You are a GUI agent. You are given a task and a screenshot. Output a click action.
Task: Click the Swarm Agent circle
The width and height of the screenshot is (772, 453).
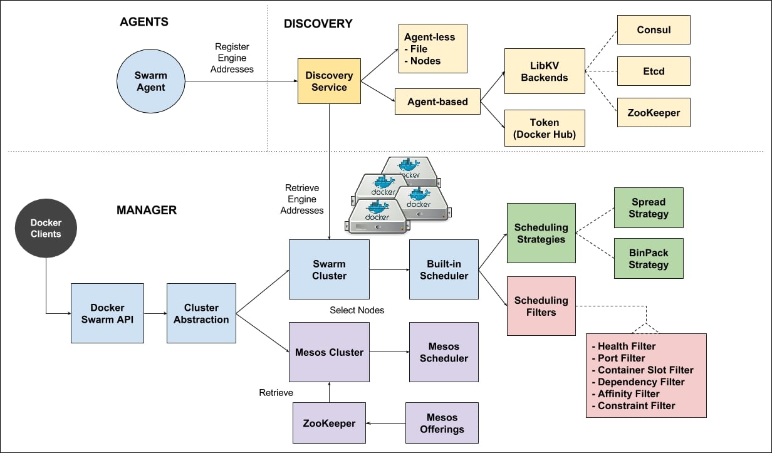click(151, 81)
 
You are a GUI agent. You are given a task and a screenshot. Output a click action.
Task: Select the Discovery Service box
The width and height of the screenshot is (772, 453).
click(329, 81)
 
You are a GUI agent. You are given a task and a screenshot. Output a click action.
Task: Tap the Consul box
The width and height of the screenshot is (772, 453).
click(653, 29)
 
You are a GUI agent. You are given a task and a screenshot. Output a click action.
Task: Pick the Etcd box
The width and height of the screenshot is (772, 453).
click(653, 71)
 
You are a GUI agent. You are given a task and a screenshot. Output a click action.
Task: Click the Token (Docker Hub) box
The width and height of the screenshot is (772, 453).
click(544, 128)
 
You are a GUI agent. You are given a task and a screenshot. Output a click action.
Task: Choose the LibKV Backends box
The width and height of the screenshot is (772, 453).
click(544, 71)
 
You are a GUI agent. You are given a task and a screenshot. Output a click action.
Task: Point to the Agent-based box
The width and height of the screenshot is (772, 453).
click(437, 102)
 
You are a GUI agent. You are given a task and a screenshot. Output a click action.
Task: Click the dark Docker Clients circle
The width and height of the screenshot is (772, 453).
click(46, 228)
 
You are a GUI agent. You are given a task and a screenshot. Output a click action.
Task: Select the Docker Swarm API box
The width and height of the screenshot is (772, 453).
click(107, 313)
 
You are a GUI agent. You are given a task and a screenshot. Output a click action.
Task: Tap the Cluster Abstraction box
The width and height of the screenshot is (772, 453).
click(201, 313)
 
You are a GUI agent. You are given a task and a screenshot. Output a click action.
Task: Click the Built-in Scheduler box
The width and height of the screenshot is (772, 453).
click(444, 269)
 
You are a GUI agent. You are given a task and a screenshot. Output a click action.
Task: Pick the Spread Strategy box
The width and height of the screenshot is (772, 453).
click(649, 208)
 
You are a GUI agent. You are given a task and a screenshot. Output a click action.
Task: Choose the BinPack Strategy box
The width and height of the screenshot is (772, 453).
click(649, 259)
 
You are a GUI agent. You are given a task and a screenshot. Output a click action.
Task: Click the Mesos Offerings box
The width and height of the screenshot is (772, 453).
click(442, 423)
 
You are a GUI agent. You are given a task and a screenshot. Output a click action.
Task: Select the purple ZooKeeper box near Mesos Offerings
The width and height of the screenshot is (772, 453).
click(330, 423)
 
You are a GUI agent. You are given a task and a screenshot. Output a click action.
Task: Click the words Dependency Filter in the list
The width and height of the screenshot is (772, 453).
click(640, 382)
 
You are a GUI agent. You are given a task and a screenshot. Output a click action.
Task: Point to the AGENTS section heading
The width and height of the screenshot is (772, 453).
click(144, 22)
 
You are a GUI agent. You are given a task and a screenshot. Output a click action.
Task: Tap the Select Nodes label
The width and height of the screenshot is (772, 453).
click(357, 310)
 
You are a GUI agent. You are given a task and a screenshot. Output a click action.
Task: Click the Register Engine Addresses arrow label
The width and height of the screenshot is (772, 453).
click(232, 58)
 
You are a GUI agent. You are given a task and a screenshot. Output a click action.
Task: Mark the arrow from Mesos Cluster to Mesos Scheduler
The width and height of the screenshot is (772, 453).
click(389, 352)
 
